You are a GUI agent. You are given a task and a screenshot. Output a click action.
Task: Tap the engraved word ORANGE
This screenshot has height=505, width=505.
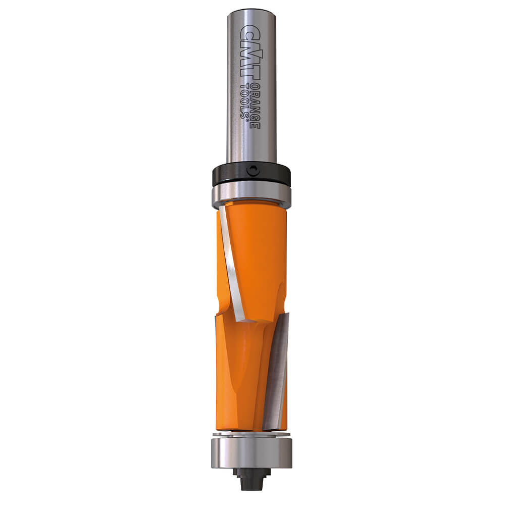[x=256, y=105]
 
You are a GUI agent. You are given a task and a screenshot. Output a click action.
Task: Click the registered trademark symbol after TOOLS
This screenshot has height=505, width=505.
[x=247, y=119]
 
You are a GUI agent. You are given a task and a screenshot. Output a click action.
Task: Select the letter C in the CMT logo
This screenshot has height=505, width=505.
[x=250, y=31]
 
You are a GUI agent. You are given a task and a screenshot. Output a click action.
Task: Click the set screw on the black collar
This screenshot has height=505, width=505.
[x=253, y=170]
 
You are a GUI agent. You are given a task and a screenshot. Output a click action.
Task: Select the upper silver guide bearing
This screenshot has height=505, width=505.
[x=251, y=194]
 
